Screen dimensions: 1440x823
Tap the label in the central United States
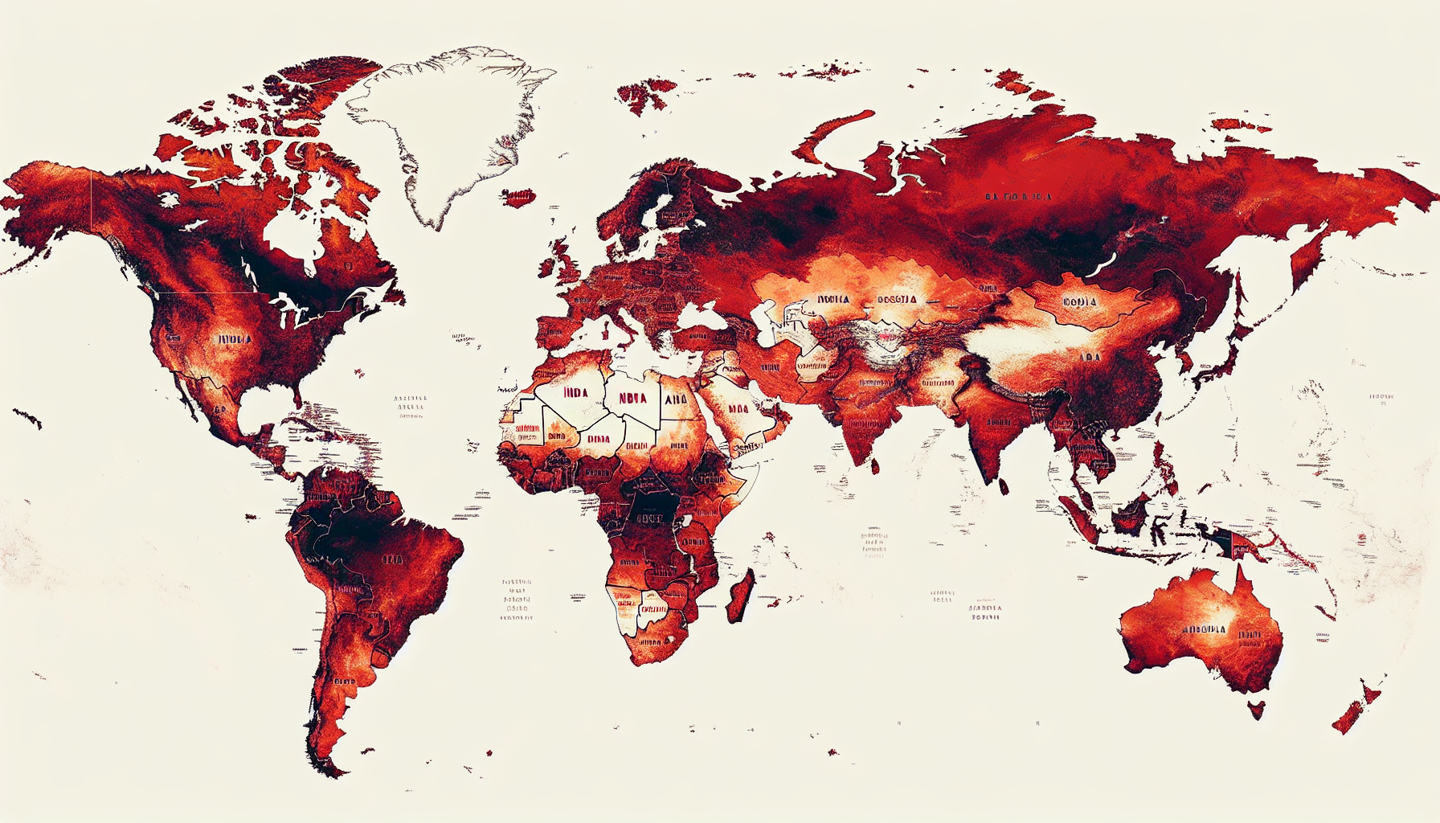(x=235, y=339)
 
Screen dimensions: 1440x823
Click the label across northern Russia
(x=1018, y=196)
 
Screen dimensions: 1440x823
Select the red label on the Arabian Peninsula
(x=738, y=409)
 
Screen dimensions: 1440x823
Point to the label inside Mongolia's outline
(x=1079, y=302)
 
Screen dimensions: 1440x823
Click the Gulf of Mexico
(x=257, y=406)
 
